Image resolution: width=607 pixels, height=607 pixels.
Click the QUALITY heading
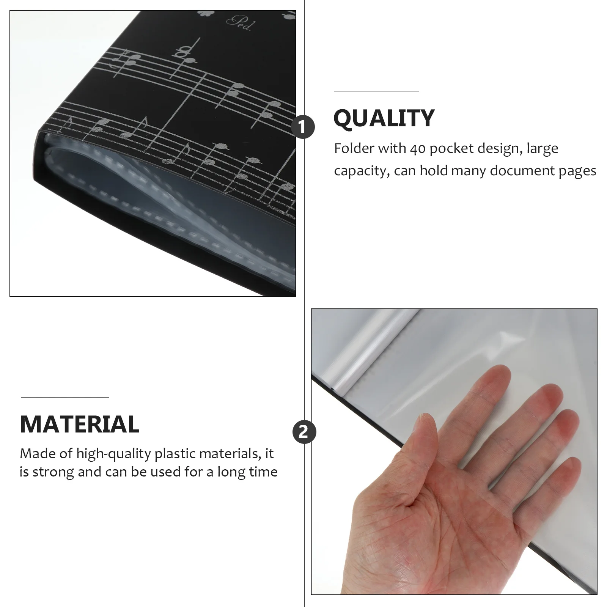(x=384, y=118)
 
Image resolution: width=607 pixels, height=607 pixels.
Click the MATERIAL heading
(x=80, y=424)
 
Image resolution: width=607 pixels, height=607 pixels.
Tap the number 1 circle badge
(x=304, y=127)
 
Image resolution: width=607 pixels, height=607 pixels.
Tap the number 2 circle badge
(x=304, y=432)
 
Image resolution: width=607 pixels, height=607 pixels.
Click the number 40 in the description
(x=417, y=148)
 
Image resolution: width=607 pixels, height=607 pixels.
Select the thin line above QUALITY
(x=376, y=91)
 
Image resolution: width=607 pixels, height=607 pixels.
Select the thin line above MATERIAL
(x=65, y=397)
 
